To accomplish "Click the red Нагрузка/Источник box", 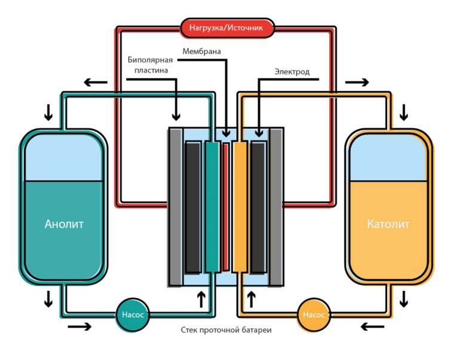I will [x=227, y=27].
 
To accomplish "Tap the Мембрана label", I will [x=201, y=52].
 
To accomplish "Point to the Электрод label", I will [x=292, y=72].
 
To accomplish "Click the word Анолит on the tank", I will [x=64, y=224].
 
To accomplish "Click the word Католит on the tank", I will [x=388, y=224].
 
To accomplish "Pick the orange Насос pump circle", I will [x=313, y=314].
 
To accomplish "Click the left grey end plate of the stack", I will [x=175, y=206].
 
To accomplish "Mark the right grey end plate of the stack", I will [x=276, y=206].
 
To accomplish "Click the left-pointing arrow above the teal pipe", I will [x=96, y=82].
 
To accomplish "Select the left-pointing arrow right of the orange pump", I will [x=372, y=327].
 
